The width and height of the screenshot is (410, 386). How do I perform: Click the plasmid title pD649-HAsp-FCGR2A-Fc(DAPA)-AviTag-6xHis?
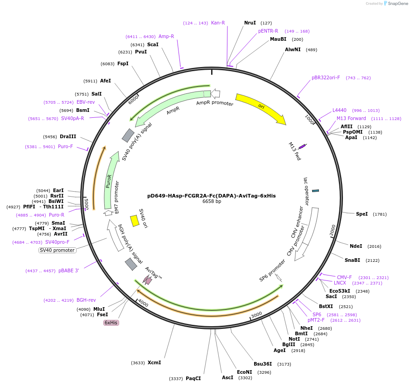click(x=211, y=196)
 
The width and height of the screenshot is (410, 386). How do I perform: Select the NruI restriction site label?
click(x=250, y=23)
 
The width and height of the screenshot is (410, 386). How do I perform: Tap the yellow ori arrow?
click(x=260, y=109)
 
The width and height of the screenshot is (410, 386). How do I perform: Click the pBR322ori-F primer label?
click(x=326, y=78)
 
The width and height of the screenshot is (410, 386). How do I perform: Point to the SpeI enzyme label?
click(x=362, y=214)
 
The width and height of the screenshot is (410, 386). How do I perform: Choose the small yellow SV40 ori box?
click(x=135, y=220)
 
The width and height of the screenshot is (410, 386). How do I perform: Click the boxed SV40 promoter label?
click(x=57, y=250)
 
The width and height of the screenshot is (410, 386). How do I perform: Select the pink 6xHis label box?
click(x=111, y=323)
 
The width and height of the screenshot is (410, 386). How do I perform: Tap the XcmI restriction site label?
click(x=154, y=362)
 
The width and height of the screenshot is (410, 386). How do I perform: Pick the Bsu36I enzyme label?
click(x=263, y=364)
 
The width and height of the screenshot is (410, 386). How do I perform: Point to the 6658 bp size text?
click(x=212, y=202)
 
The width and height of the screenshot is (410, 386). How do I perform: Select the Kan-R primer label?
click(x=218, y=23)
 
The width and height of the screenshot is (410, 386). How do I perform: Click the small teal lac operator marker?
click(x=316, y=190)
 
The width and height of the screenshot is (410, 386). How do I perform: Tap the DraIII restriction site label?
click(x=68, y=136)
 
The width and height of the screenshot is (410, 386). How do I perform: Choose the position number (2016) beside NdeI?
click(x=374, y=246)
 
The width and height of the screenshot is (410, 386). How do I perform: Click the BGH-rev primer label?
click(x=86, y=300)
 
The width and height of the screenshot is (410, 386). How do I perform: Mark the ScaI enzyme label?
click(x=153, y=44)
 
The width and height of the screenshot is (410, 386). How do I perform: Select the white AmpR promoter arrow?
click(x=216, y=94)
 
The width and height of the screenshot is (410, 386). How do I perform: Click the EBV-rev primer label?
click(x=86, y=102)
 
